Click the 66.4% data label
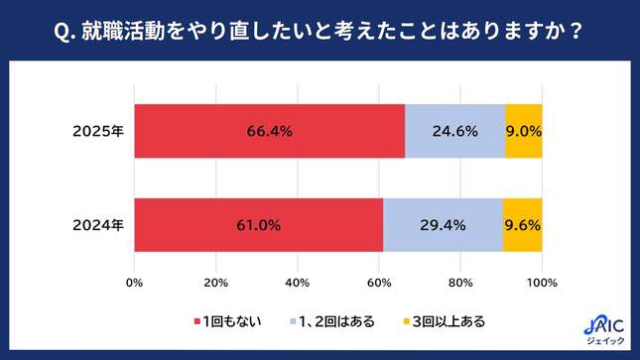(270, 130)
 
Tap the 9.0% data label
(524, 130)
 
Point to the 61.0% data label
(259, 225)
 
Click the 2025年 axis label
(98, 130)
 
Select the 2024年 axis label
(98, 225)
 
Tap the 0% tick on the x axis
(134, 285)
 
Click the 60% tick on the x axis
(379, 285)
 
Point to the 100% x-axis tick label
(542, 285)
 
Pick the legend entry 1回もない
(228, 321)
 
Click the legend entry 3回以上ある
(444, 321)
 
